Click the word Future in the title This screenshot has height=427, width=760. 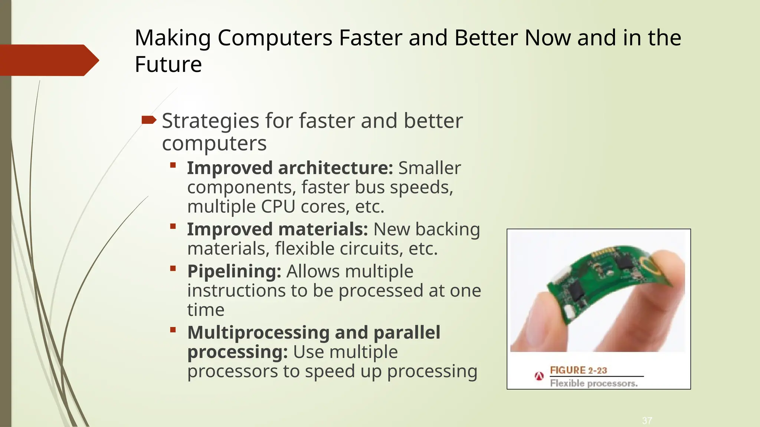(x=168, y=64)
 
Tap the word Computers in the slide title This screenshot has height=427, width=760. (x=275, y=38)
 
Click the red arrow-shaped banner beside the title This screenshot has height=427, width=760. (x=48, y=60)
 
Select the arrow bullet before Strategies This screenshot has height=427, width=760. (x=149, y=120)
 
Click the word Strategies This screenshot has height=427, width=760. (x=210, y=121)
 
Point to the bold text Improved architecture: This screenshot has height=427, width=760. (x=290, y=168)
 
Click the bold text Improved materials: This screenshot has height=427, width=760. (x=277, y=229)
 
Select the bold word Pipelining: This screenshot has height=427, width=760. (x=234, y=271)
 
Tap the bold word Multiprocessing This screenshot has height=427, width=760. (x=258, y=332)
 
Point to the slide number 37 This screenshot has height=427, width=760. (x=647, y=420)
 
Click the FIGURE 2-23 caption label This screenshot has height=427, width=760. (x=578, y=370)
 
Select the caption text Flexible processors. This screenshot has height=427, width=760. (x=594, y=383)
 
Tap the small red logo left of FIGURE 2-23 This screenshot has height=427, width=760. (x=539, y=376)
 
